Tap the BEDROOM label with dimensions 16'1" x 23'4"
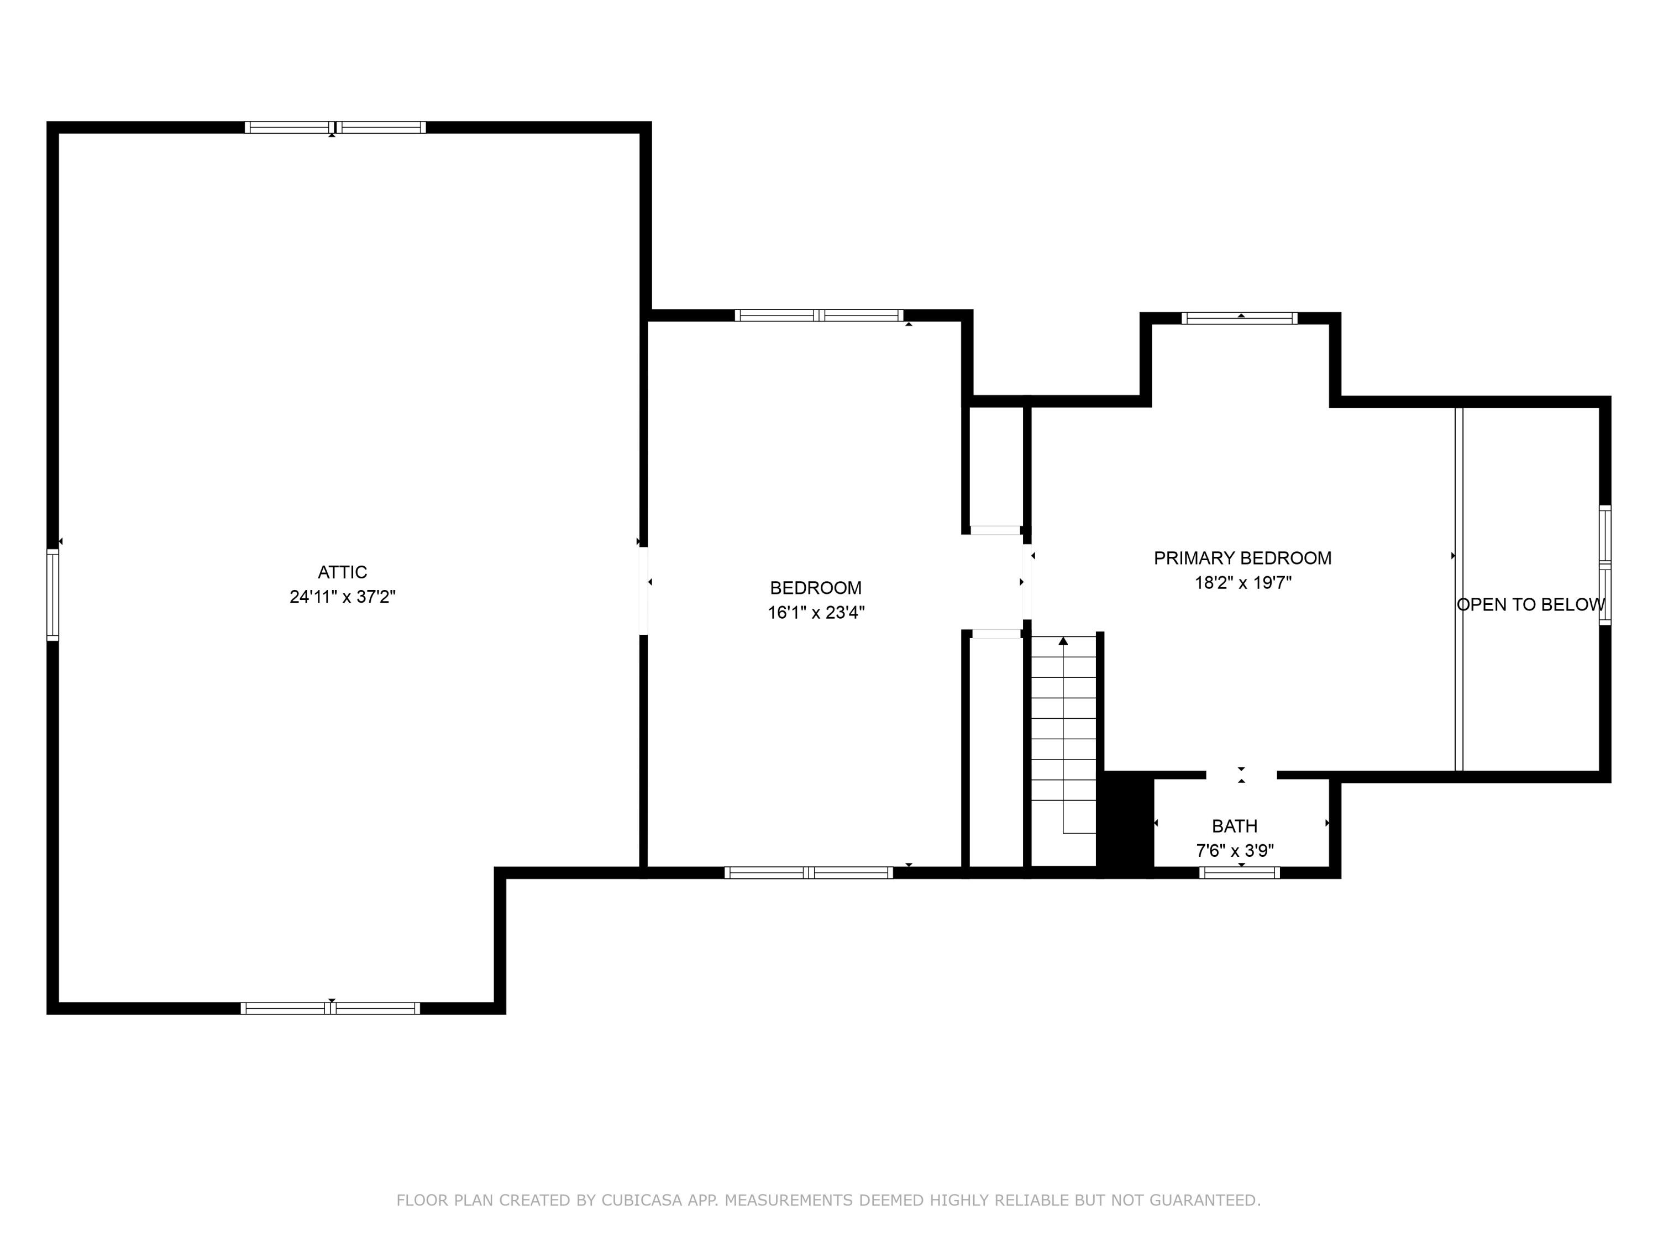tap(816, 588)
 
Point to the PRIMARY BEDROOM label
tap(1242, 558)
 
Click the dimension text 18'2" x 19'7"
tap(1242, 583)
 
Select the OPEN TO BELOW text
tap(1530, 604)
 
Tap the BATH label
tap(1235, 826)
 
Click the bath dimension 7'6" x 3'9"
tap(1235, 851)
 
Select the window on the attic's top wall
tap(335, 128)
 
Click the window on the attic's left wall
tap(53, 595)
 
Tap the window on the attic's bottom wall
tap(330, 1008)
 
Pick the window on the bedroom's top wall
tap(818, 315)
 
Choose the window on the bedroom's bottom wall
tap(808, 873)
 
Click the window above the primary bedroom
tap(1239, 318)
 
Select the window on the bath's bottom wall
tap(1239, 873)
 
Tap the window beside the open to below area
tap(1605, 565)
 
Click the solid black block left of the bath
tap(1124, 824)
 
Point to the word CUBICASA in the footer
tap(642, 1201)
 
